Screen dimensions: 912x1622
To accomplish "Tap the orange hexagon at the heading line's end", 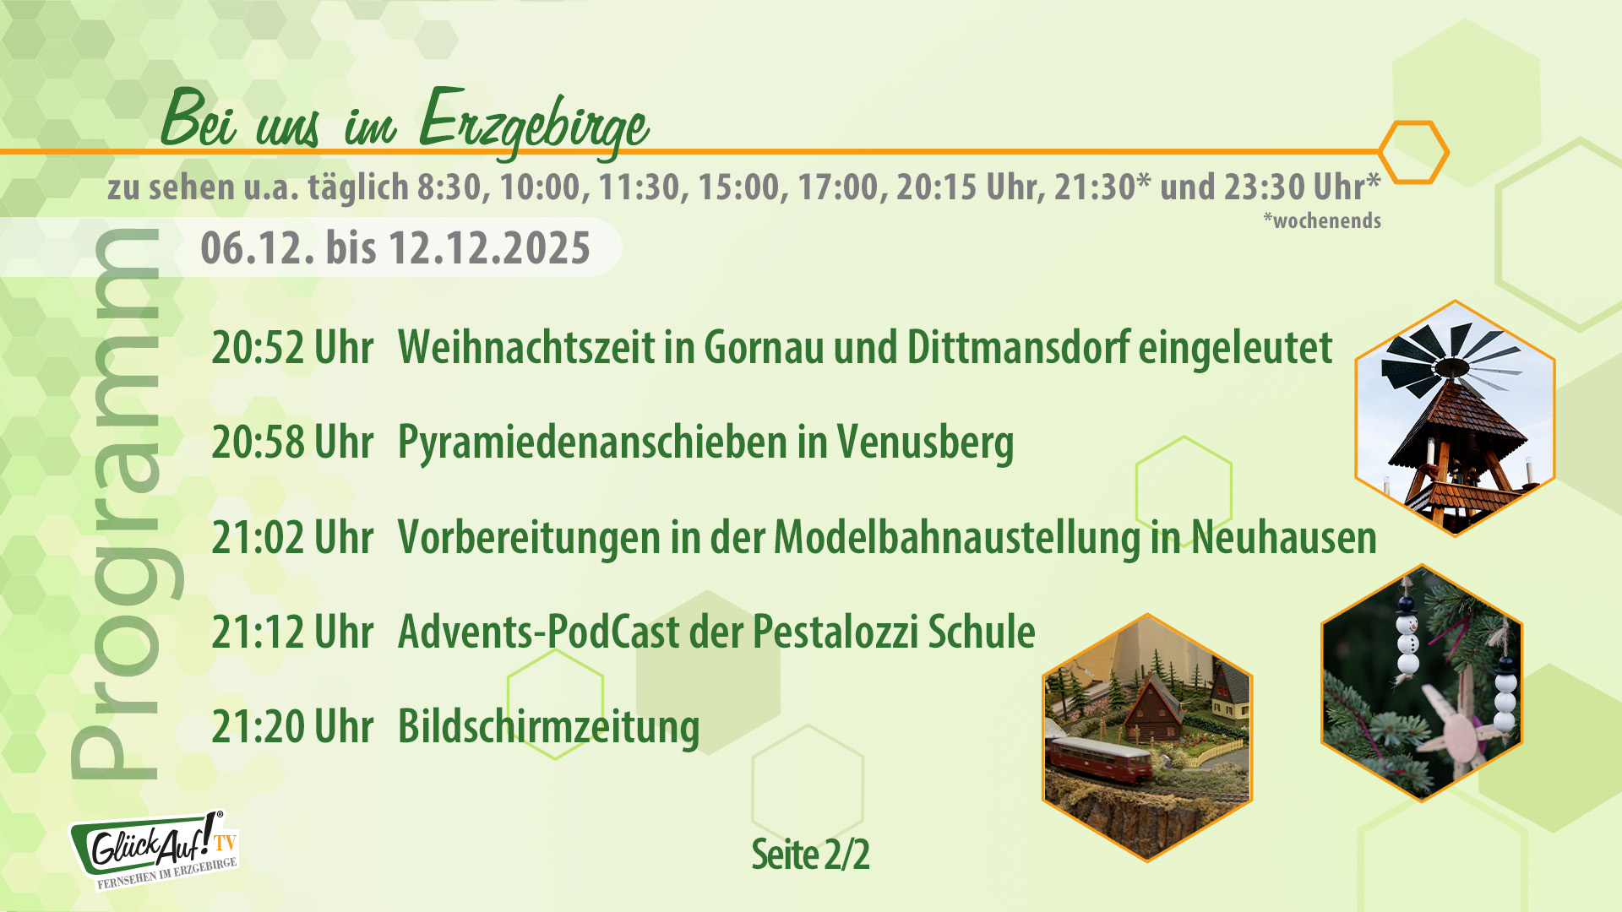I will [x=1413, y=152].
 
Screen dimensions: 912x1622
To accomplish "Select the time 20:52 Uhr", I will [x=292, y=347].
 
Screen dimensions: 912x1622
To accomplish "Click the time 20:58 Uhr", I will [x=292, y=442].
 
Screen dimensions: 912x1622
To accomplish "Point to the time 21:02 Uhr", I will [x=292, y=537].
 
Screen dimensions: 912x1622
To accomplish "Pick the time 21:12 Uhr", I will [x=292, y=632].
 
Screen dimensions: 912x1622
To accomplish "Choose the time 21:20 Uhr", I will [x=292, y=726].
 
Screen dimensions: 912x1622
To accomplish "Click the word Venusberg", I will [x=925, y=442].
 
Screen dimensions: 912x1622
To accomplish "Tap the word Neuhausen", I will [x=1284, y=537].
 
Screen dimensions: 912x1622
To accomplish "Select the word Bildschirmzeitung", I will [x=548, y=726].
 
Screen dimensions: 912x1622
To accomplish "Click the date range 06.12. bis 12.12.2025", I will [x=395, y=248].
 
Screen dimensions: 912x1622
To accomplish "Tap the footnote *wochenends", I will [x=1322, y=221].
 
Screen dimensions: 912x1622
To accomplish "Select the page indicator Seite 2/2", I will [x=810, y=855].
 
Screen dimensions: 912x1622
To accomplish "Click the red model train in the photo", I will [x=1098, y=756].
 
